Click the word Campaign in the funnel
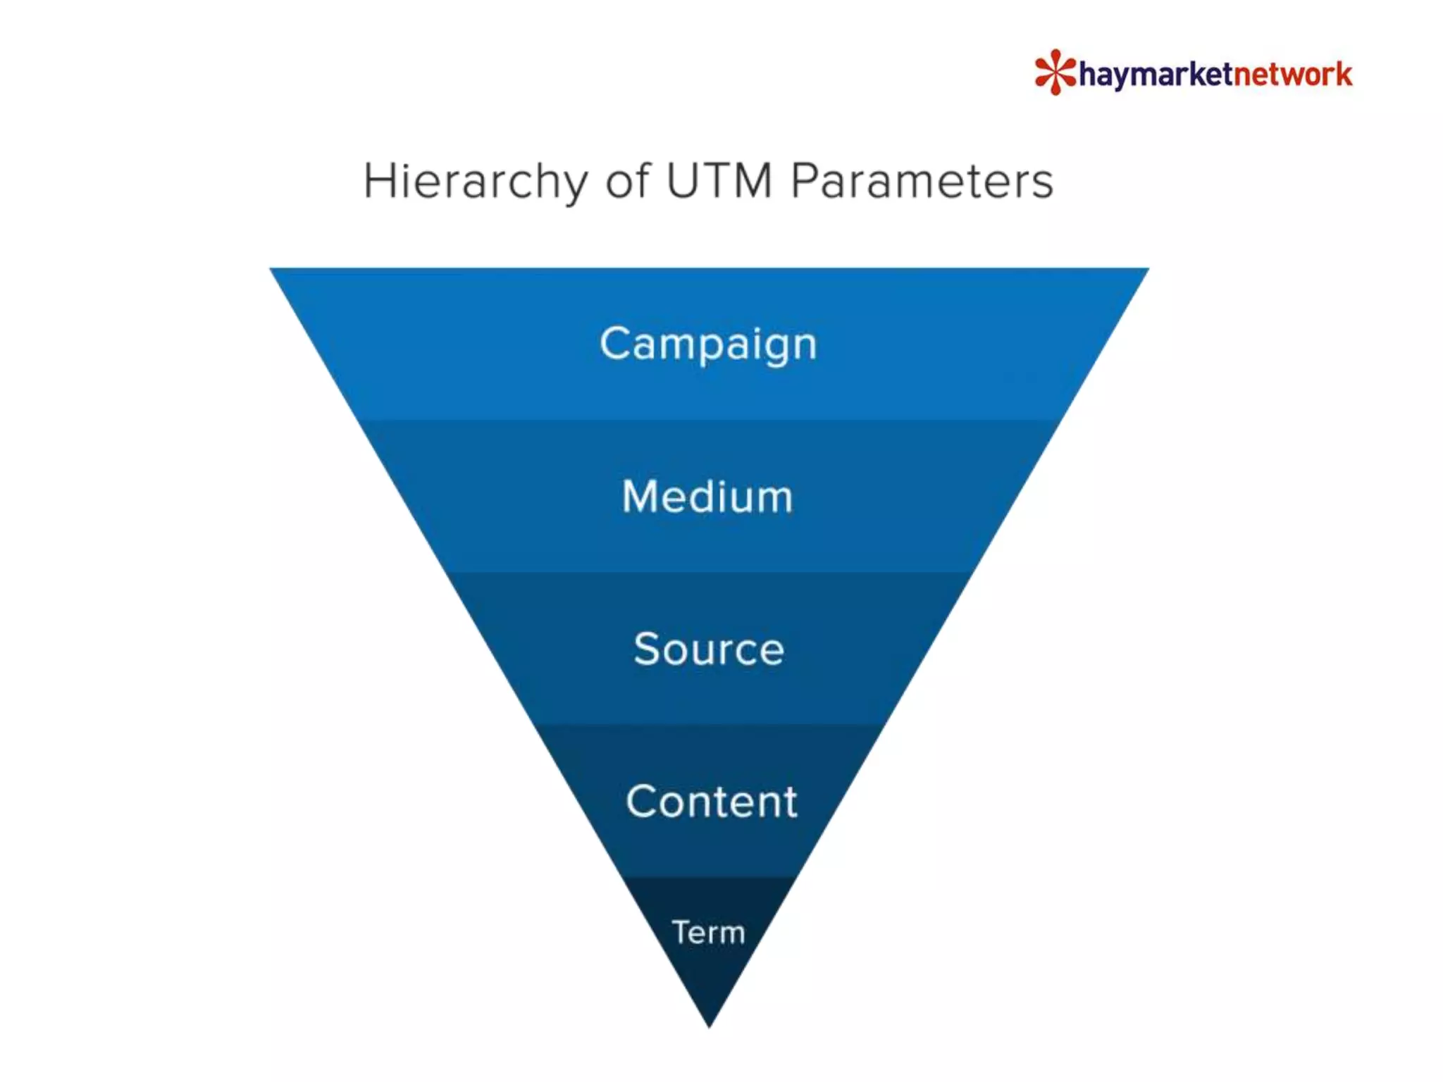pyautogui.click(x=708, y=344)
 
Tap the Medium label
pyautogui.click(x=707, y=497)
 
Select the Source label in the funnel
pyautogui.click(x=708, y=649)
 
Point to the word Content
pyautogui.click(x=711, y=802)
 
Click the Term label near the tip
pyautogui.click(x=708, y=933)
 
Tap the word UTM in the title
pyautogui.click(x=719, y=181)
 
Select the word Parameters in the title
pyautogui.click(x=922, y=181)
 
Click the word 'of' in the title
pyautogui.click(x=627, y=181)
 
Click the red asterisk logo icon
pyautogui.click(x=1055, y=72)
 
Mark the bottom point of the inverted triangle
pyautogui.click(x=710, y=1025)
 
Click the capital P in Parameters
pyautogui.click(x=805, y=181)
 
